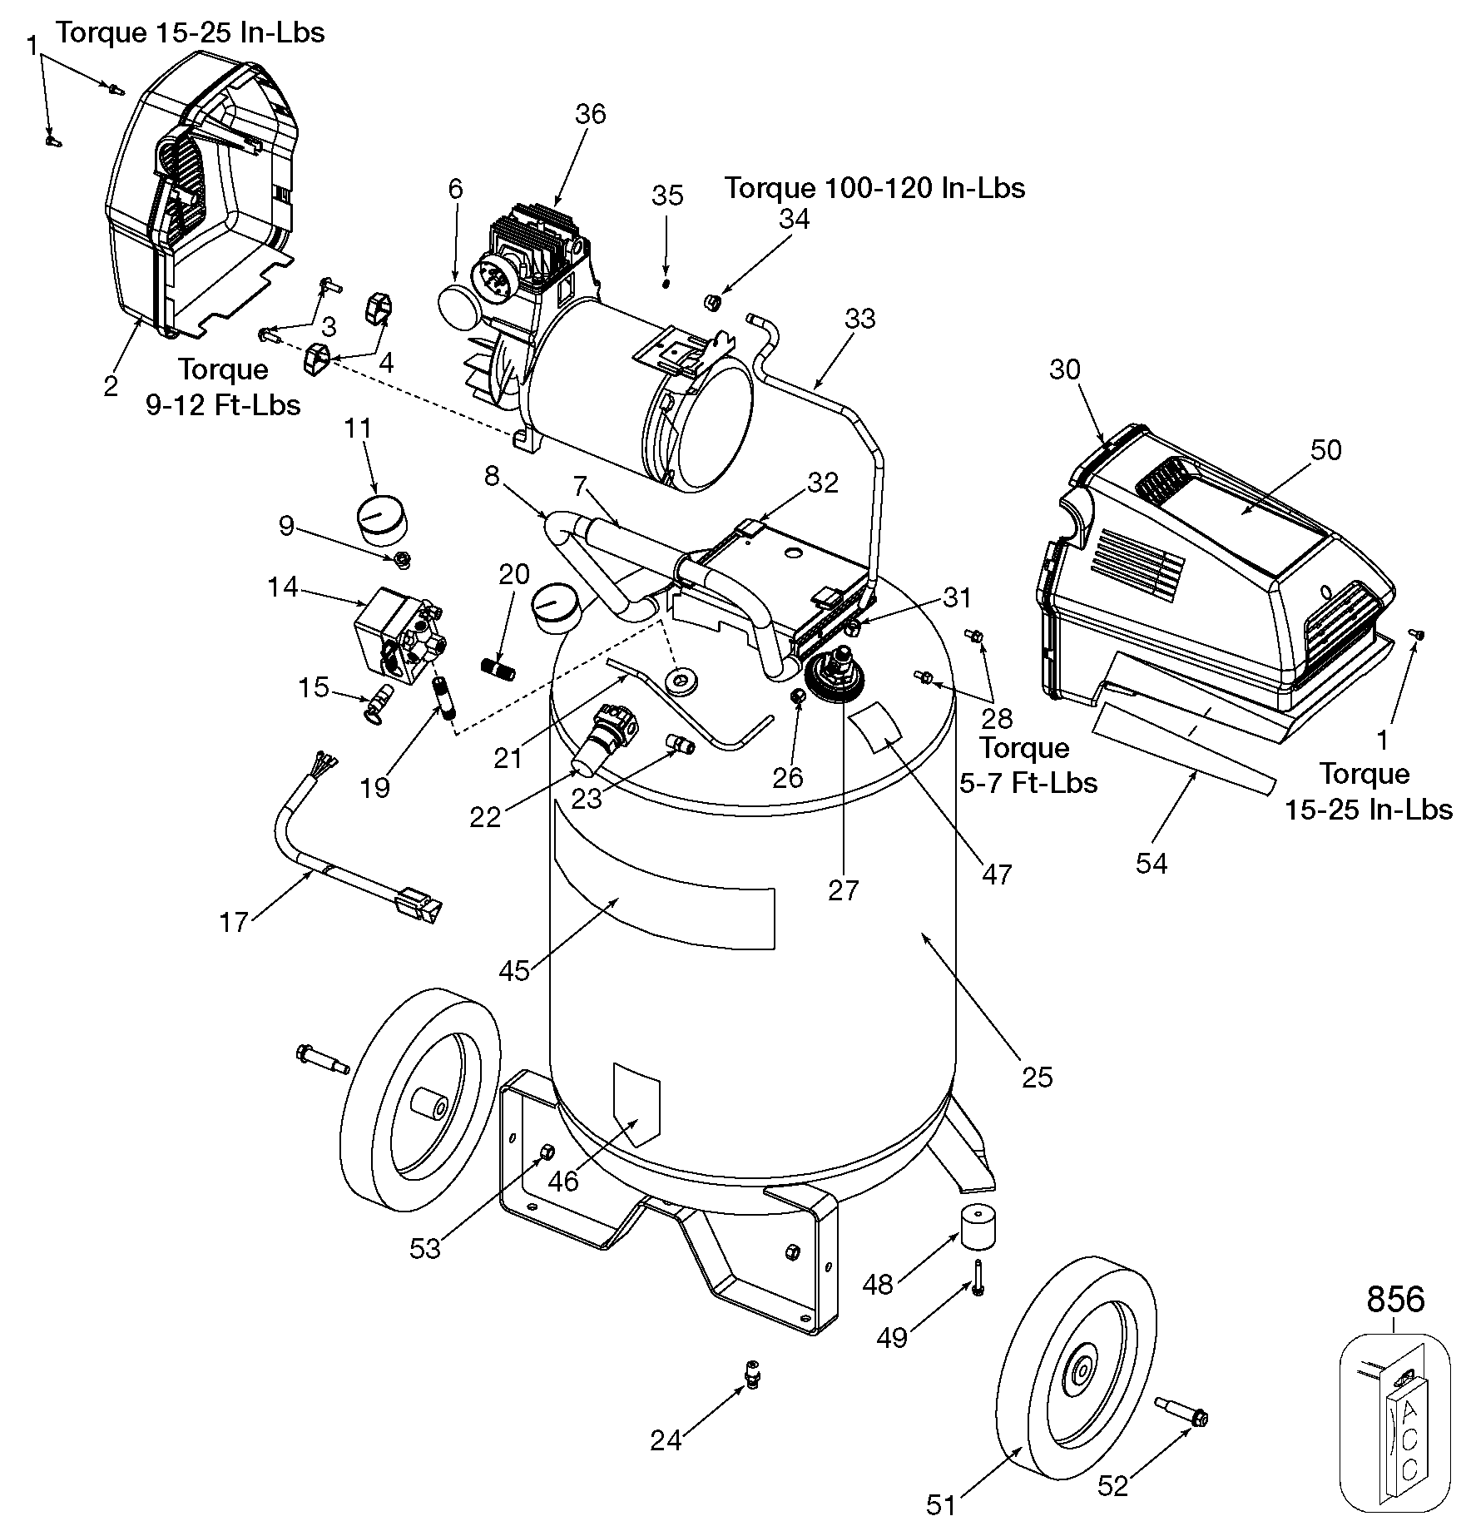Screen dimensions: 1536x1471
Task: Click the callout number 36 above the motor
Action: point(591,114)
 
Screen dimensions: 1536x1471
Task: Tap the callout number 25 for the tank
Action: point(1038,1077)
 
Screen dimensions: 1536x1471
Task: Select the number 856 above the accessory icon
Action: point(1395,1299)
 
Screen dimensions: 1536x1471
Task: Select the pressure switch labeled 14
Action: point(397,637)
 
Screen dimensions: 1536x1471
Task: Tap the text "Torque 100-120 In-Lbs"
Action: point(874,188)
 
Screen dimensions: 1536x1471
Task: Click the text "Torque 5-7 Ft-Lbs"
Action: point(1028,766)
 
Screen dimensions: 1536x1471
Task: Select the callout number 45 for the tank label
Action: point(514,970)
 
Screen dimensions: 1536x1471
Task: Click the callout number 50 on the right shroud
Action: point(1326,449)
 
